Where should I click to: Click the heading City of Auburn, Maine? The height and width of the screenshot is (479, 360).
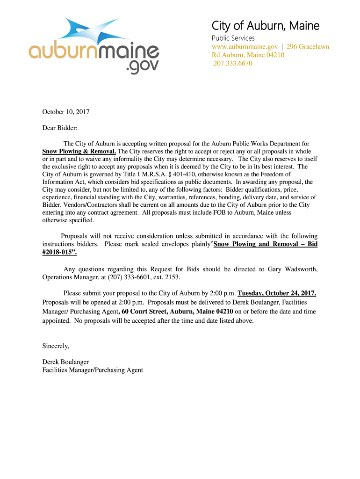point(266,26)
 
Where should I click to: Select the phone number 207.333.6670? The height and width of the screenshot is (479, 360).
point(233,63)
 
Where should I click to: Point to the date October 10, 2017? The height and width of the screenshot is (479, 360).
point(65,112)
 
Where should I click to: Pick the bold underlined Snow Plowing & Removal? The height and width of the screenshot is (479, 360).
point(79,152)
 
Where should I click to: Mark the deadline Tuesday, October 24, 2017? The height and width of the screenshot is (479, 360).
point(277,293)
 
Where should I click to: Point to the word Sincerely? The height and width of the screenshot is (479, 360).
point(56,346)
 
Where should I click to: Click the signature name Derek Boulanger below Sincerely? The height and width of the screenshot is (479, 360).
point(65,362)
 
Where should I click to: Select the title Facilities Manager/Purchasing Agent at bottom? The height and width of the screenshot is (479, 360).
point(93,370)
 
